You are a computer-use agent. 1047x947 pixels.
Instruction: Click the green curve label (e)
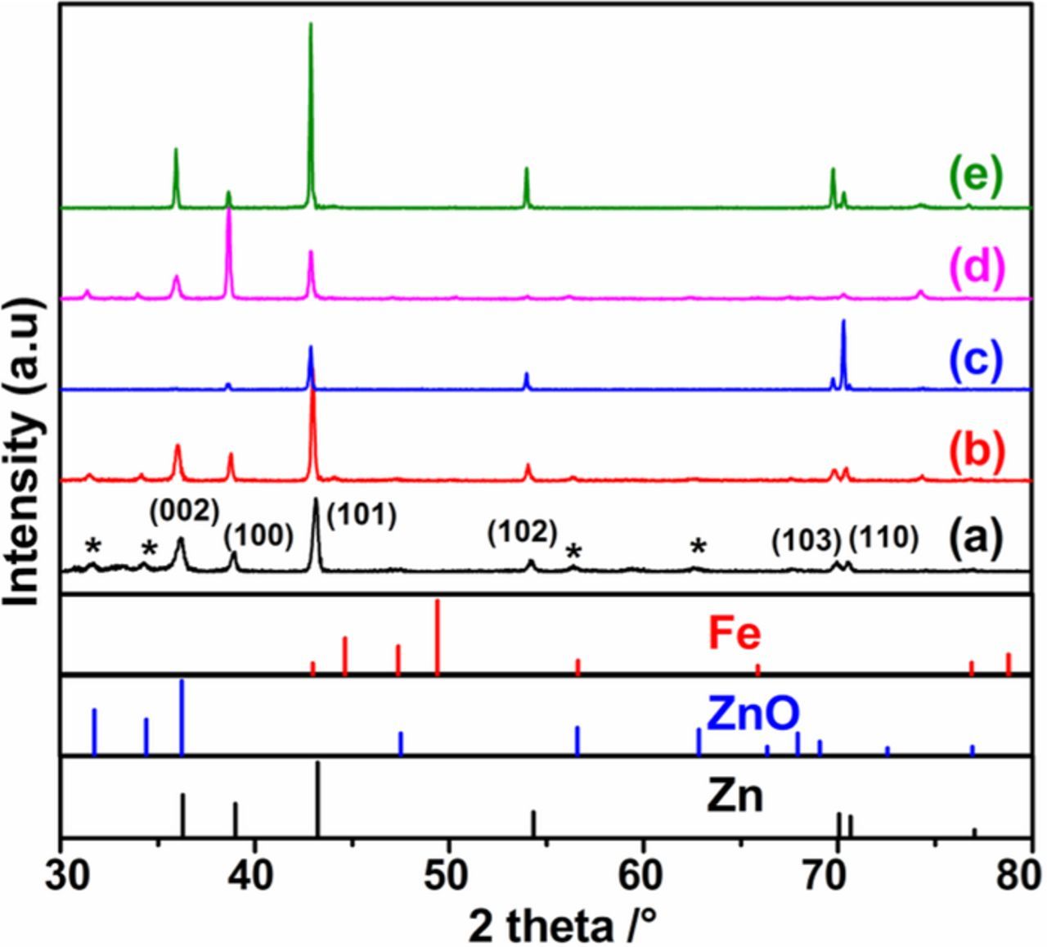(x=974, y=178)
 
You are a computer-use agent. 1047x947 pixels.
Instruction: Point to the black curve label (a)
(x=976, y=539)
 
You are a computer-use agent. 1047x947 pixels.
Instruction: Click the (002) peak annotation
(x=184, y=512)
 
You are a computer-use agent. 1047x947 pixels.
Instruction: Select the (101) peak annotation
(x=361, y=515)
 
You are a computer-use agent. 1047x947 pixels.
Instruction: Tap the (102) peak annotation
(x=522, y=532)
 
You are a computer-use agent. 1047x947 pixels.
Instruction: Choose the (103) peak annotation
(x=807, y=540)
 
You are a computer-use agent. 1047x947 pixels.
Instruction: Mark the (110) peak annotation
(x=883, y=539)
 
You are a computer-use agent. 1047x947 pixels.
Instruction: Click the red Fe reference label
(x=735, y=634)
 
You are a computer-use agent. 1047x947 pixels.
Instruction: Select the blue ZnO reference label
(x=752, y=714)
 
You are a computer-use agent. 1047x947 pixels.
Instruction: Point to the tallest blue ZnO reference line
(x=182, y=716)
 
